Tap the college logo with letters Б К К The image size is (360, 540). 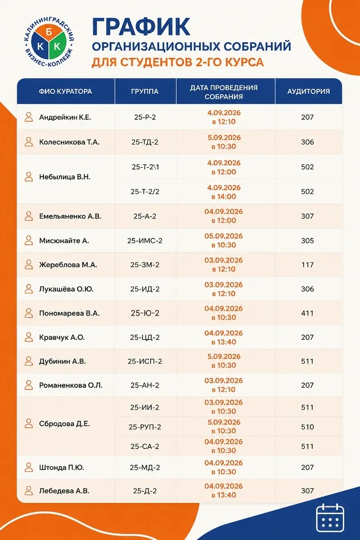tap(49, 43)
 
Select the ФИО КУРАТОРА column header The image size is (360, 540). tap(65, 92)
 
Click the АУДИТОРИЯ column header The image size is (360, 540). tap(308, 92)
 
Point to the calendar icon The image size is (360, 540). tap(330, 517)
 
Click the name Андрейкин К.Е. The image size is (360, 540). tap(65, 118)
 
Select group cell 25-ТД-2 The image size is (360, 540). tap(145, 142)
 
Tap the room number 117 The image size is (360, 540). tap(307, 265)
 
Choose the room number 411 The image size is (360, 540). tap(307, 313)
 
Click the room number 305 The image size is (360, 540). tap(307, 241)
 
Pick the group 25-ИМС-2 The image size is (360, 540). tap(145, 241)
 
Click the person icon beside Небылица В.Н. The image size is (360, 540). tap(29, 177)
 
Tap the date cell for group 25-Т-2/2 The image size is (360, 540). tap(224, 192)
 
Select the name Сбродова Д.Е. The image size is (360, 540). tap(65, 424)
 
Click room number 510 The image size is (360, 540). tap(307, 427)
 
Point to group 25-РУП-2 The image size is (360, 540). tap(145, 427)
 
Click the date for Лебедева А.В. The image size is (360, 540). tap(223, 490)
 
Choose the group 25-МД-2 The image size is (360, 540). tap(145, 467)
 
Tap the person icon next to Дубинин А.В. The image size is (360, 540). tap(29, 361)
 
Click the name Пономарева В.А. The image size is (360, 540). tap(69, 313)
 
